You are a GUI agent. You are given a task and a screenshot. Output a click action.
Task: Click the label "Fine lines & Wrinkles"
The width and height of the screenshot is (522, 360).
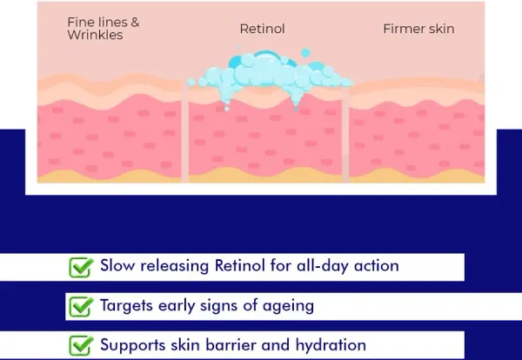tap(104, 29)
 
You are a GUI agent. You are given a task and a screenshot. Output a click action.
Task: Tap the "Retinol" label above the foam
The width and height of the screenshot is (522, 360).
tap(262, 29)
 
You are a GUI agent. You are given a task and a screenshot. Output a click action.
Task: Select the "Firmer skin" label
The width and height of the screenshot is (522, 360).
tap(418, 29)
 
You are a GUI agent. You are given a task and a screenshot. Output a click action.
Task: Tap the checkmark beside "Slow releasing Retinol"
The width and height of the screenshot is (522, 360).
tap(81, 267)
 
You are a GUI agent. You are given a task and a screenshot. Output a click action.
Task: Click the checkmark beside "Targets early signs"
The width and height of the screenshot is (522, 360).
tap(81, 307)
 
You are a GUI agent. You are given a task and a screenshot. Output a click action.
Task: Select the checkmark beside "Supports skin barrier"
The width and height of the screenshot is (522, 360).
tap(81, 346)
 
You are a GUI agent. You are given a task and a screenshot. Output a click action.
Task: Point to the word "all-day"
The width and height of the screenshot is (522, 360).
tap(322, 266)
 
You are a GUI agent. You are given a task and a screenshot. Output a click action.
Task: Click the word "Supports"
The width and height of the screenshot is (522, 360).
tap(132, 345)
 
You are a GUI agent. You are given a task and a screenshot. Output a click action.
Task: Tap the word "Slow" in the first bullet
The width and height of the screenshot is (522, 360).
tap(117, 265)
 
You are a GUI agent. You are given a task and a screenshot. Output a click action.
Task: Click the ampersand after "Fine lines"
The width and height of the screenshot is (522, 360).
tap(135, 23)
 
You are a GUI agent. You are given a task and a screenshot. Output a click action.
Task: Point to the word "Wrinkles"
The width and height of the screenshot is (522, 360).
tap(95, 35)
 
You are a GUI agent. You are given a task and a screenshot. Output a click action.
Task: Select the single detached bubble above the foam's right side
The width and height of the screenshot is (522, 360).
tap(305, 53)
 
